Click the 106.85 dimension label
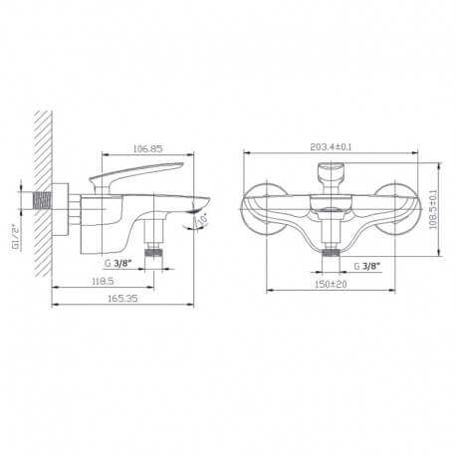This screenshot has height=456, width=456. tap(148, 148)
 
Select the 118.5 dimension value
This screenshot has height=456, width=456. tap(103, 281)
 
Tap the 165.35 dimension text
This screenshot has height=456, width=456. tap(122, 299)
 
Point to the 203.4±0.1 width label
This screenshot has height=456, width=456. tap(331, 146)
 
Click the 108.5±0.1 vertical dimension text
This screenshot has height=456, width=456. tap(433, 209)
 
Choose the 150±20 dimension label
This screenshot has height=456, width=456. tap(331, 284)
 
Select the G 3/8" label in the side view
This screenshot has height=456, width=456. tap(118, 264)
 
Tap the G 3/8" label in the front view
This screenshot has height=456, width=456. tap(366, 266)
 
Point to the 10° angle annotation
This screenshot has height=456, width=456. tap(202, 219)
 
